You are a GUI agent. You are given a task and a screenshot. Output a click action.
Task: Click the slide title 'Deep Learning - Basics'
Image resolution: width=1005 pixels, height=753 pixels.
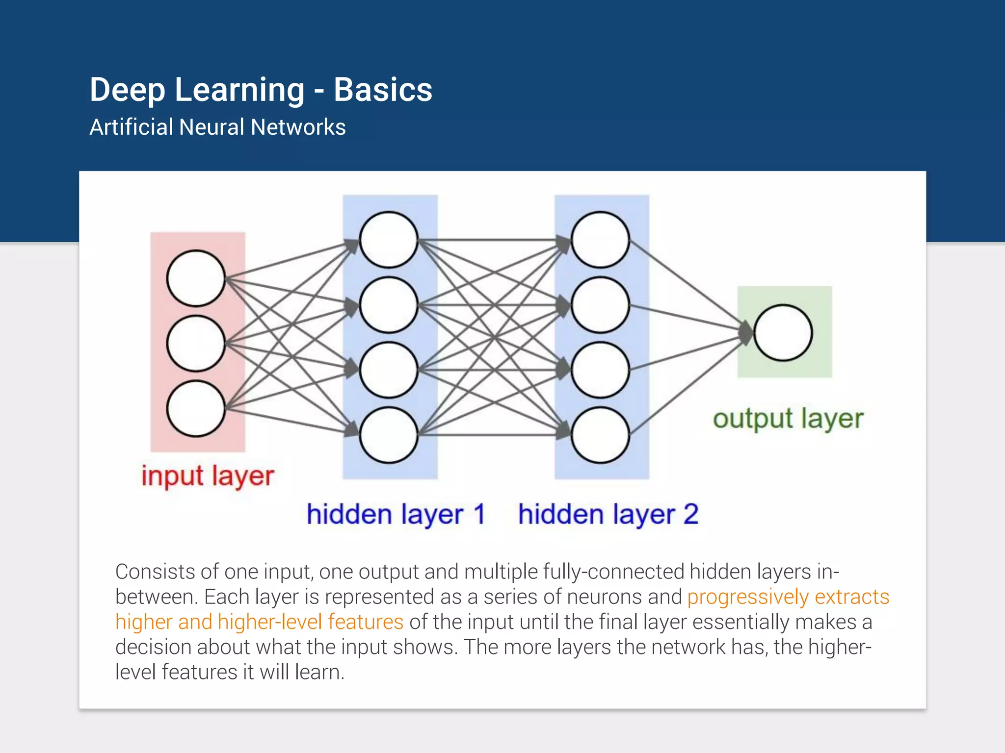coord(261,90)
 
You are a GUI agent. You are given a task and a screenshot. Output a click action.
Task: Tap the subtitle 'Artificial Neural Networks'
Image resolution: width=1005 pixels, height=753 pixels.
coord(217,127)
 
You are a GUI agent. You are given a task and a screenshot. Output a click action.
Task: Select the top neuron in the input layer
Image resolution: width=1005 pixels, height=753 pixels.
coord(196,278)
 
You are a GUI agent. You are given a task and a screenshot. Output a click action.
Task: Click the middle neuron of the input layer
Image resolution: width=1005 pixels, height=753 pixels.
coord(196,343)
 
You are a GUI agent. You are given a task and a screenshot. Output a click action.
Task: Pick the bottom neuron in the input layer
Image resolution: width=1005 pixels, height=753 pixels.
coord(196,408)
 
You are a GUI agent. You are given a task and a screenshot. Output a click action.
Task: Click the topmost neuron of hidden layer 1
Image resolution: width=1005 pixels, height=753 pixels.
coord(389,240)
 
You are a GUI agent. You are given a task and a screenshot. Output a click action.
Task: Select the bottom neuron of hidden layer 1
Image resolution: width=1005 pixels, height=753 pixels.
coord(389,435)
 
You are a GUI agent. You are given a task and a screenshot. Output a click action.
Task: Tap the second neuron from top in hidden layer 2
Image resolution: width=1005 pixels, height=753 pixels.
coord(600,304)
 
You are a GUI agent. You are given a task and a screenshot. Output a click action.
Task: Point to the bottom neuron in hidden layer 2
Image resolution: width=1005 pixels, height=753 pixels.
coord(600,435)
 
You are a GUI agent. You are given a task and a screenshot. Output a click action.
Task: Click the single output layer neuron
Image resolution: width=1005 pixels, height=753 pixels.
coord(783,333)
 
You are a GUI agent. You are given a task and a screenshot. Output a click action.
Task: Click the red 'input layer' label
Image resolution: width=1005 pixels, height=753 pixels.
coord(208,476)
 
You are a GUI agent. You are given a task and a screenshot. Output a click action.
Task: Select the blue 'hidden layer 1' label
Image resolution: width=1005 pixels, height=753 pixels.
coord(396,514)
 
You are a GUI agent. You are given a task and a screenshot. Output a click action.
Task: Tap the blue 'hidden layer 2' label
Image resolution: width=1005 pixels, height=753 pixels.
coord(608,514)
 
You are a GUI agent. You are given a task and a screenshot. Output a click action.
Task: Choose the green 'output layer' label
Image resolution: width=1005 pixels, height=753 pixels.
coord(788,419)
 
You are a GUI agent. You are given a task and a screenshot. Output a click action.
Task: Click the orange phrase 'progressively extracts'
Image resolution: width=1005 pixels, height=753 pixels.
coord(788,597)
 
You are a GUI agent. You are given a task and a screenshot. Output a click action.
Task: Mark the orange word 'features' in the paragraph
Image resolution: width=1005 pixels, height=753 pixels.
coord(366,622)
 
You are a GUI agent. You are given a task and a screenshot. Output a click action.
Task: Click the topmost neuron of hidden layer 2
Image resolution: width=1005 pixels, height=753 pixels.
coord(600,240)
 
